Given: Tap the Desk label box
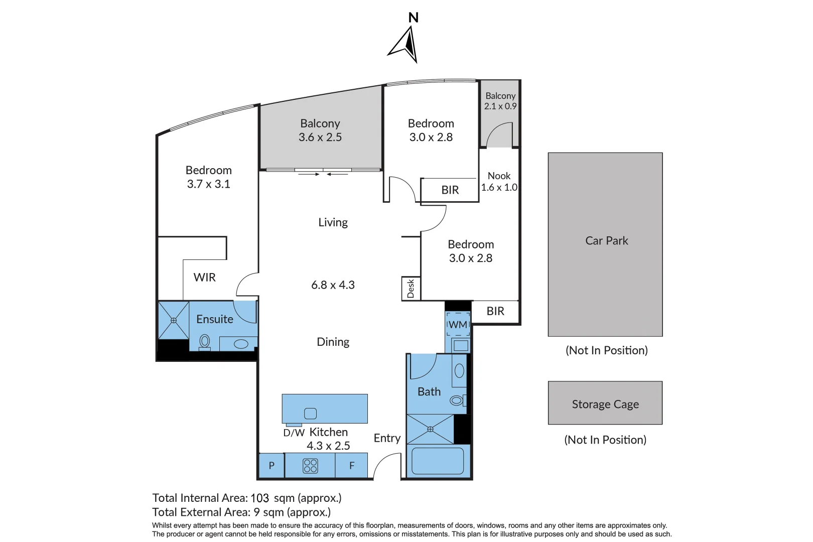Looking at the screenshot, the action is [411, 289].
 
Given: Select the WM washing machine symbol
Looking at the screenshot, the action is [458, 324].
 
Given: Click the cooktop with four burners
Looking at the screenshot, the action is [310, 466].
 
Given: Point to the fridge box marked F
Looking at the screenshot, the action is [351, 465].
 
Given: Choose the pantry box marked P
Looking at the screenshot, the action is [272, 465].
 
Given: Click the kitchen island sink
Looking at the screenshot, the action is [310, 414].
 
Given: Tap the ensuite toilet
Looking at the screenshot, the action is [205, 343].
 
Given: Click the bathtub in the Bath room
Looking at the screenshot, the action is [438, 461].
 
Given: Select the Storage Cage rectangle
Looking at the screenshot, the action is [605, 402].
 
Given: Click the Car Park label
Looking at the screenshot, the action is [606, 241].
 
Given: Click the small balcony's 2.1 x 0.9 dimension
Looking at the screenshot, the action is [500, 106].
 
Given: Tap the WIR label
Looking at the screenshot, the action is [204, 278].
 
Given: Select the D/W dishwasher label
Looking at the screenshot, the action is [294, 433].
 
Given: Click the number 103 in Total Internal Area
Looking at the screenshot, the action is [259, 498].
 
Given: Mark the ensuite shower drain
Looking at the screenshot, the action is [174, 320].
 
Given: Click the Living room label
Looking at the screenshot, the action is [333, 222].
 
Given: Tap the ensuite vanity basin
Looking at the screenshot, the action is [241, 344].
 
